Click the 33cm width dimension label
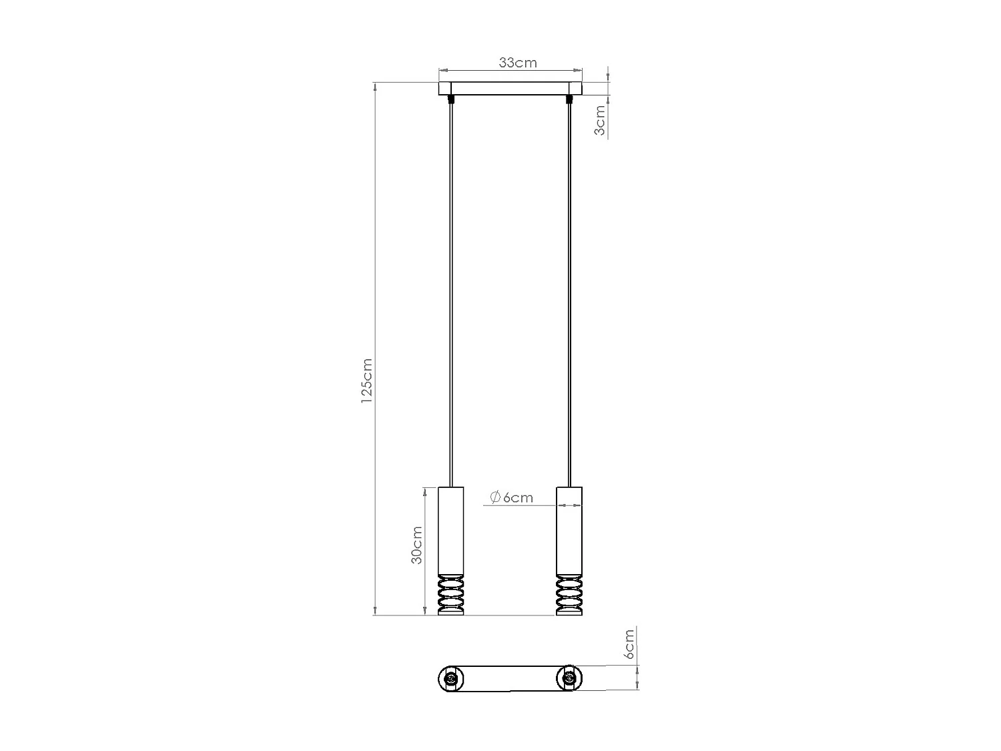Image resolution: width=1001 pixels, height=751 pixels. [x=518, y=63]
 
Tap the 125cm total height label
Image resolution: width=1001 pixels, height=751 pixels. [x=366, y=381]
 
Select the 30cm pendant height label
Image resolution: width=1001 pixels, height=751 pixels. [x=416, y=545]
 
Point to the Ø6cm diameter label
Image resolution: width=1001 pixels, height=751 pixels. [x=511, y=497]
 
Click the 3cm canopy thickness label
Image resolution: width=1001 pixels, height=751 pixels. [x=600, y=121]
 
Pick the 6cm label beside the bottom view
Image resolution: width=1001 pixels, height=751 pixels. [x=629, y=644]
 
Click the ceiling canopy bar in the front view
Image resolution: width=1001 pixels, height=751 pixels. [x=510, y=89]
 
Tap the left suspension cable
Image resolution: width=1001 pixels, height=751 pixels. [x=452, y=294]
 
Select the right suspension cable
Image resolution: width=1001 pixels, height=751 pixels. [x=569, y=294]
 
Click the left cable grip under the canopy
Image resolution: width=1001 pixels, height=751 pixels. [x=452, y=100]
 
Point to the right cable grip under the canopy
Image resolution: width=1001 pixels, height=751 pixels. [x=569, y=100]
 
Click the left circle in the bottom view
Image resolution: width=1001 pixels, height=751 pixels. [x=450, y=679]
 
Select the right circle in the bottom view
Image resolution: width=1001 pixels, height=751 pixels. [x=569, y=679]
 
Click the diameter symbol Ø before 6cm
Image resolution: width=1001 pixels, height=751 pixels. [x=494, y=497]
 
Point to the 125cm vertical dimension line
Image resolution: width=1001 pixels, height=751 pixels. [x=375, y=267]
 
